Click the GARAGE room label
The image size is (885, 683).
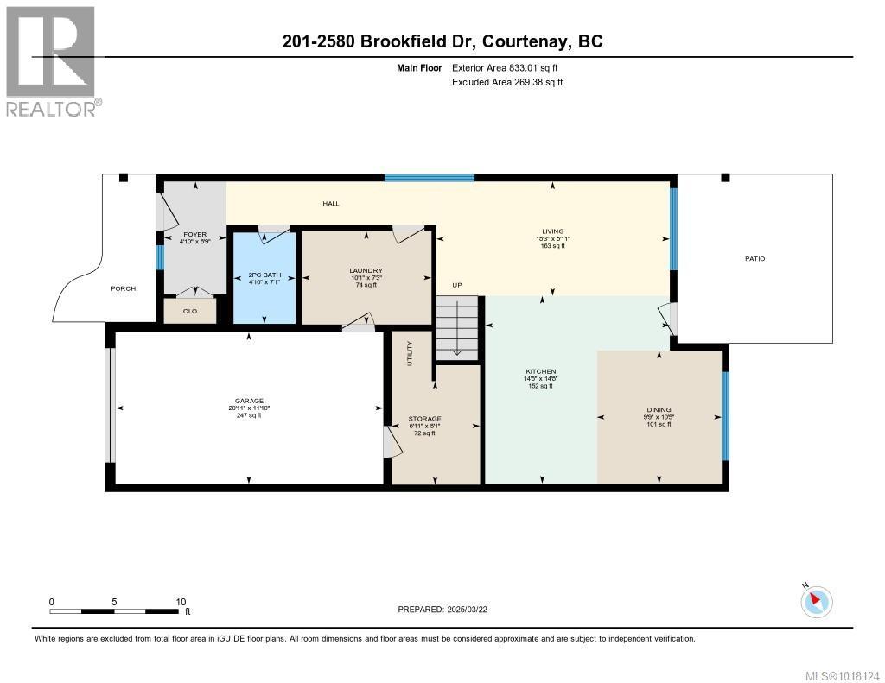coord(248,401)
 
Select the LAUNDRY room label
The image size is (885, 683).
coord(366,270)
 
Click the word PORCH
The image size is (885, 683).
coord(124,288)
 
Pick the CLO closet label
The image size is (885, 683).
coord(190,311)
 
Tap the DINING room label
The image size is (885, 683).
coord(659,410)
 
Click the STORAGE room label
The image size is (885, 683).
coord(424,419)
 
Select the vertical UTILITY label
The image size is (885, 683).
coord(411,354)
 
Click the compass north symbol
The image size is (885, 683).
coord(816,600)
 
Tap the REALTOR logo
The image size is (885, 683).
coord(52,60)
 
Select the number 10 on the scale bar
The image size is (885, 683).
coord(181,602)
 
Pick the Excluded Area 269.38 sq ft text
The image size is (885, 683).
coord(507,82)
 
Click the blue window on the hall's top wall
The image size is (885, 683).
coord(430,178)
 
